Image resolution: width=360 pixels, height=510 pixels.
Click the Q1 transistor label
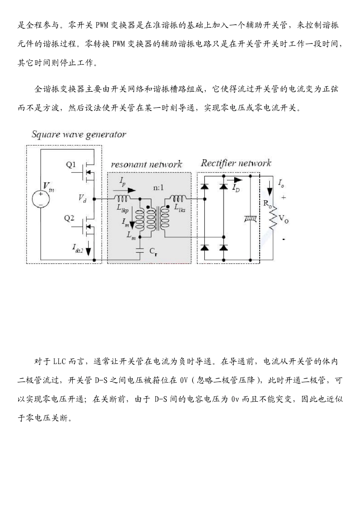(x=71, y=165)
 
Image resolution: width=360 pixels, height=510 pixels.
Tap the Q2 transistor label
(x=69, y=218)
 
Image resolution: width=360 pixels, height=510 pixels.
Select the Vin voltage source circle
(x=41, y=198)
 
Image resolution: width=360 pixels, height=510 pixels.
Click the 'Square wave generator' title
(x=78, y=134)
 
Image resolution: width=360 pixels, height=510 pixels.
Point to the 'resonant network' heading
(x=146, y=165)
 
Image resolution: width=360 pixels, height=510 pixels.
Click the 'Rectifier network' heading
(x=236, y=163)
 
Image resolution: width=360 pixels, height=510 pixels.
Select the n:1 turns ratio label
(x=159, y=188)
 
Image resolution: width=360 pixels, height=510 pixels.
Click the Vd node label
(x=82, y=198)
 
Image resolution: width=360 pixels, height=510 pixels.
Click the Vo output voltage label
(x=283, y=218)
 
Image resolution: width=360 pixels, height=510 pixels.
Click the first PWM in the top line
(x=102, y=25)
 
